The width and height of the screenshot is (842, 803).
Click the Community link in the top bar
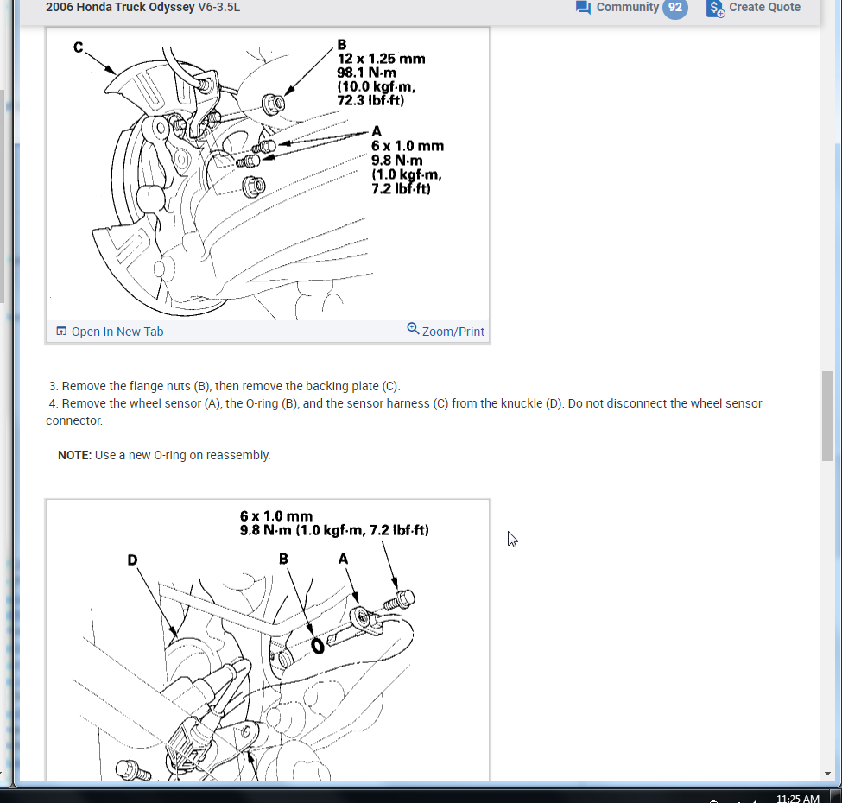(x=627, y=8)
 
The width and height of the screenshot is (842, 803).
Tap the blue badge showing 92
(x=675, y=8)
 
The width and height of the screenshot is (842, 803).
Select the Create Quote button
(x=764, y=8)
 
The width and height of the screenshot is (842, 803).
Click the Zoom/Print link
(x=453, y=332)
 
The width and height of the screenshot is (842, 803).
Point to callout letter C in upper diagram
(x=79, y=47)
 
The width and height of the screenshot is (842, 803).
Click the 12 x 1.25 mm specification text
(x=381, y=59)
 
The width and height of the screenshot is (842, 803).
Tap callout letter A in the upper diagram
(x=376, y=131)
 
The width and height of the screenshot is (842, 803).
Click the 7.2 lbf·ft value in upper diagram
(x=401, y=188)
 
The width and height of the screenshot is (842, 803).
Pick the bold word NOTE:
(x=74, y=455)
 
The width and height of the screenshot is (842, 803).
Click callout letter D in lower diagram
(x=133, y=560)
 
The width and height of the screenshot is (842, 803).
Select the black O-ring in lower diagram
(x=318, y=645)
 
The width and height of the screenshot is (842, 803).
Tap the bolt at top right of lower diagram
(x=404, y=598)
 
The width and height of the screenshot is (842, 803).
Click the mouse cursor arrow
(x=512, y=539)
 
